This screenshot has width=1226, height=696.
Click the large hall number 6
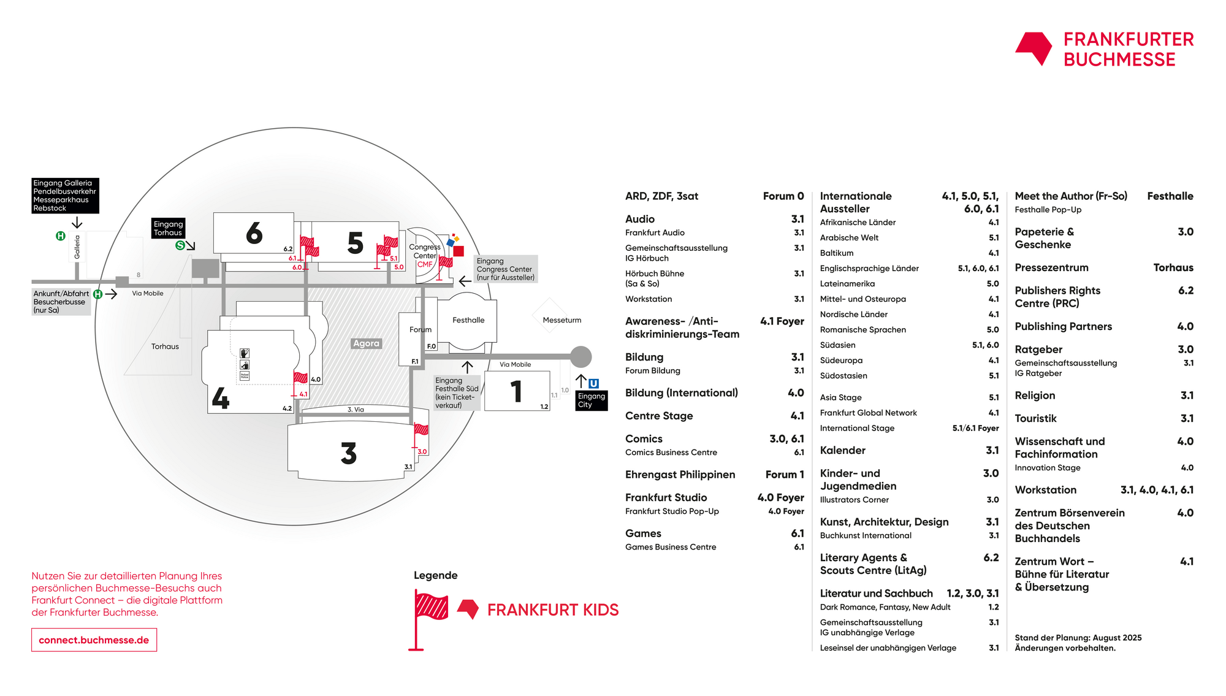tap(254, 234)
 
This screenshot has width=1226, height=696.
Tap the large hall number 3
tap(349, 454)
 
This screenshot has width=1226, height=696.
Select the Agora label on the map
tap(366, 343)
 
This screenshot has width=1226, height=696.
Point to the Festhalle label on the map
tap(468, 320)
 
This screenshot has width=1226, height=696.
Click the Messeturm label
tap(562, 320)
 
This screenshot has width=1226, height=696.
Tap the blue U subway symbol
tap(593, 384)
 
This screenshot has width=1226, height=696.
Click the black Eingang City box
tap(592, 400)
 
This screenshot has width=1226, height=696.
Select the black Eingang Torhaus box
tap(169, 228)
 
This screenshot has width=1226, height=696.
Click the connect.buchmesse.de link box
tap(94, 640)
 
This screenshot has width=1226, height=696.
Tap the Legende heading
tap(436, 575)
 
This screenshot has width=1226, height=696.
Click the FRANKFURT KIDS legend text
tap(553, 610)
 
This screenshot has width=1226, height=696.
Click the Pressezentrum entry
tap(1051, 268)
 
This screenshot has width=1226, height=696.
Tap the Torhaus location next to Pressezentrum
tap(1173, 268)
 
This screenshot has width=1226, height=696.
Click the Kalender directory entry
tap(843, 451)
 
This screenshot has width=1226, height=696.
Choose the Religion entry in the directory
tap(1035, 396)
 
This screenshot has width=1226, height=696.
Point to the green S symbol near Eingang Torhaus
tap(180, 245)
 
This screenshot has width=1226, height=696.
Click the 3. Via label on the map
tap(356, 410)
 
